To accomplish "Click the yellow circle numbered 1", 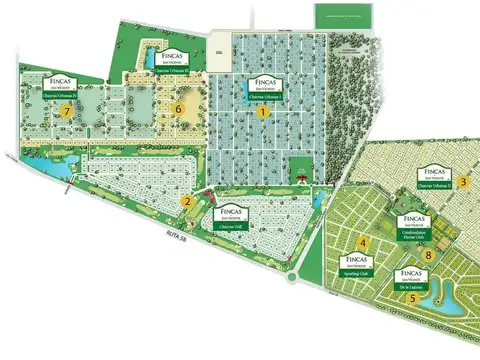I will [x=263, y=113].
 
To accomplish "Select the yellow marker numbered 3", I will [x=465, y=181].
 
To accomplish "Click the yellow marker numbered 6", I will [x=179, y=108].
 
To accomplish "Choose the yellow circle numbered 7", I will [x=67, y=112].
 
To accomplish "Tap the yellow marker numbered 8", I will [x=428, y=255].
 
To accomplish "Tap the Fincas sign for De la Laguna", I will [x=408, y=276].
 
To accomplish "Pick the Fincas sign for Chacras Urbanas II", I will [x=434, y=176].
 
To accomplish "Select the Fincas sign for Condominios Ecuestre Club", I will [x=412, y=224].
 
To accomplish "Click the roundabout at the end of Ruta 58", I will [x=292, y=271].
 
